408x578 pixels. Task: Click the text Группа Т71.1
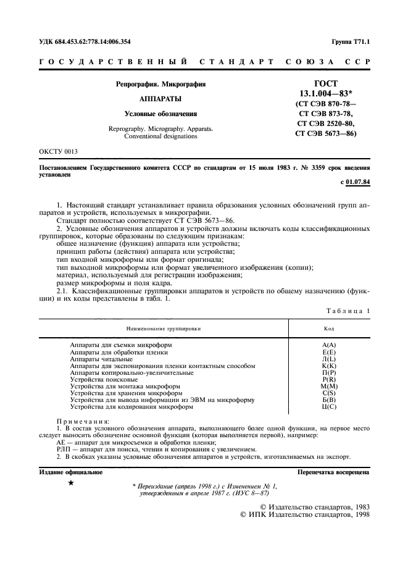pyautogui.click(x=350, y=41)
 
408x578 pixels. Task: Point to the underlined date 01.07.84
pyautogui.click(x=357, y=182)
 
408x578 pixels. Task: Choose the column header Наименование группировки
pyautogui.click(x=164, y=329)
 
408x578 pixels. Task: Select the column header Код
pyautogui.click(x=329, y=329)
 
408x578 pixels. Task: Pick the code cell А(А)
pyautogui.click(x=329, y=344)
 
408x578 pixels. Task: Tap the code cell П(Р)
pyautogui.click(x=329, y=373)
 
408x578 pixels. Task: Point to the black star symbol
pyautogui.click(x=72, y=483)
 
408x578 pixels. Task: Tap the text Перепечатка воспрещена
pyautogui.click(x=333, y=472)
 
